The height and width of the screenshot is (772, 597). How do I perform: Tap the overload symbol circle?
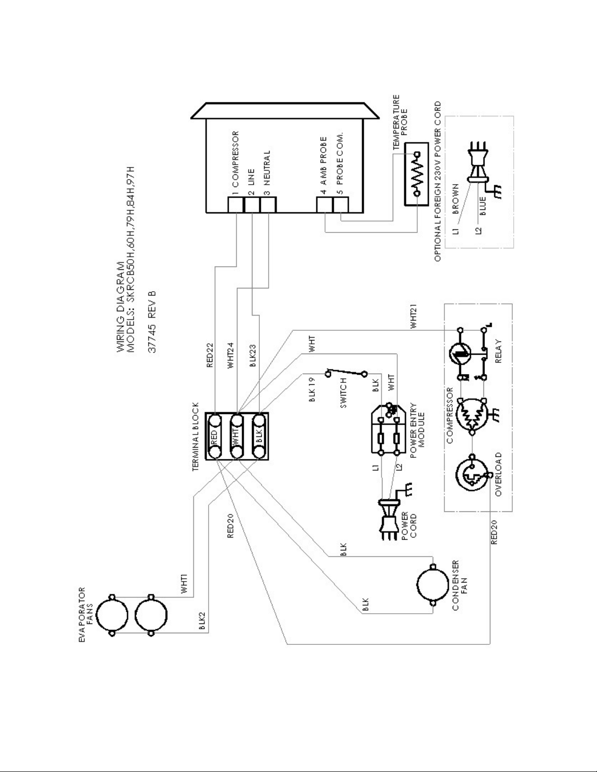[471, 476]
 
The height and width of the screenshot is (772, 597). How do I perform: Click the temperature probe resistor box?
[417, 174]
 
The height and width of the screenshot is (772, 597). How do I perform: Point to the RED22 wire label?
[210, 355]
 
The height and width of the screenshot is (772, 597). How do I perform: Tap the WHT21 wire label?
[414, 317]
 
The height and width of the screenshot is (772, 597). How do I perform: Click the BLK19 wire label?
[312, 390]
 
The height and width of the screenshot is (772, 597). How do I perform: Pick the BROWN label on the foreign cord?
[456, 199]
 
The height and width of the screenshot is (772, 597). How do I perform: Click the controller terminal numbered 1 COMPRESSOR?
[236, 205]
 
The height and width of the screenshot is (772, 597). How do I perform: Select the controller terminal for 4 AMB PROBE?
[324, 205]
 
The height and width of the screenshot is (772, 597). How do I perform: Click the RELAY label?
[498, 353]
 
